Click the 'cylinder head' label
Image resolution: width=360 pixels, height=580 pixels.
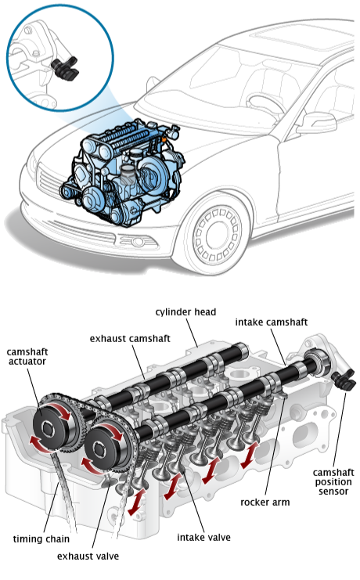[185, 312]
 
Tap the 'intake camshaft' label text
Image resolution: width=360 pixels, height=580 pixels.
[272, 322]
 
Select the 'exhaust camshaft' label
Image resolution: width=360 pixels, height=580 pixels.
[130, 338]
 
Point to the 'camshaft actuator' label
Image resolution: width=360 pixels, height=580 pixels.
[27, 357]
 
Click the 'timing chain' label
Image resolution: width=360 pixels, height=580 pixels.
[41, 539]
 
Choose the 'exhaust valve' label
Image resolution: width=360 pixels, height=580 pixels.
[88, 557]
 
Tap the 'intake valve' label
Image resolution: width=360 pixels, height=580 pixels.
[203, 538]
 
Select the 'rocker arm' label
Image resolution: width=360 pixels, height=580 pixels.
[265, 503]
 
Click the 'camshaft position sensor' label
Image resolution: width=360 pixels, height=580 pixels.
[333, 482]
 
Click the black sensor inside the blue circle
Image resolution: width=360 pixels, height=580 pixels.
[66, 69]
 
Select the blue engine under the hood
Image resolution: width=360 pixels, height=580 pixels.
[122, 172]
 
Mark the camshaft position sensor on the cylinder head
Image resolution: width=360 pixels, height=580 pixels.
[344, 381]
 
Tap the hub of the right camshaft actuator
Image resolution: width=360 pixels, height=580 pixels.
[100, 449]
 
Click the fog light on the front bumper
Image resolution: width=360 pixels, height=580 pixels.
[137, 242]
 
